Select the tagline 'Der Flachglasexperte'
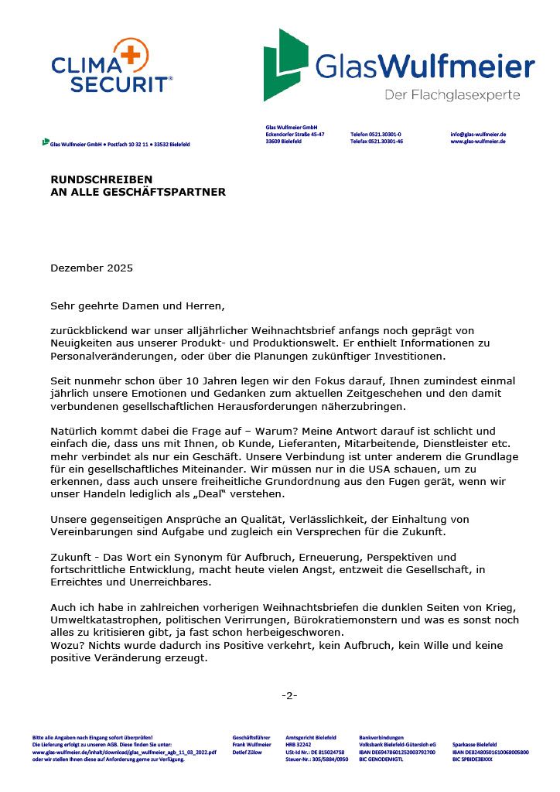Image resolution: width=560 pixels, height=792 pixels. (452, 95)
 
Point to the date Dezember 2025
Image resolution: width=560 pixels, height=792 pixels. (91, 268)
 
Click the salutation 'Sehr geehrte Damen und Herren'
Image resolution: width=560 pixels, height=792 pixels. (137, 306)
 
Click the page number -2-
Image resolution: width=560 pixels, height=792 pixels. (289, 695)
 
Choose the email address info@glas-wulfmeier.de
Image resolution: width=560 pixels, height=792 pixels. (478, 134)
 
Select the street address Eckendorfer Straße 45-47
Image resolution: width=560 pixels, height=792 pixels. (295, 134)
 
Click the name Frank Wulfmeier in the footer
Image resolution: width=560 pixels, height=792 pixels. (251, 744)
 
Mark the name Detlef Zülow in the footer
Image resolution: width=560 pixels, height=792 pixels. (248, 752)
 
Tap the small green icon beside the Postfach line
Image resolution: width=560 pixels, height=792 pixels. (46, 142)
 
